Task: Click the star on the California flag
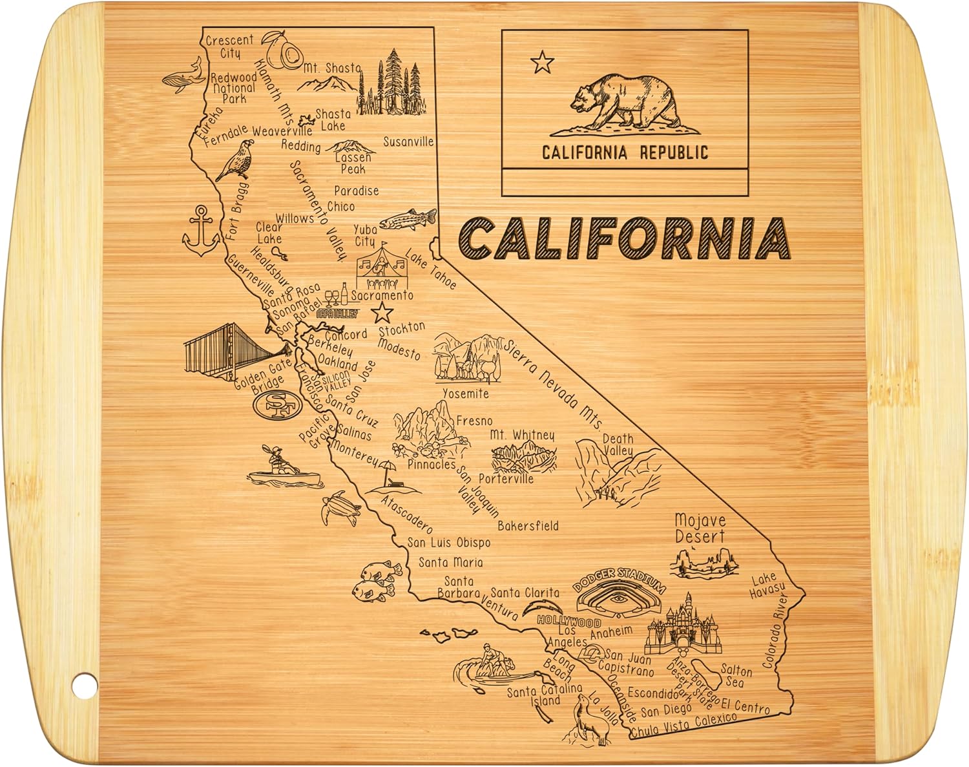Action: [542, 63]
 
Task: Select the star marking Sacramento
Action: [383, 313]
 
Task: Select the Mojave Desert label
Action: [700, 528]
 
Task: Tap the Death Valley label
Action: [618, 445]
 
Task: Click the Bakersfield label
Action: [528, 525]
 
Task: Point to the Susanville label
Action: [408, 142]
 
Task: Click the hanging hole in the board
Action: [82, 686]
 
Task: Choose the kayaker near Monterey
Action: [283, 467]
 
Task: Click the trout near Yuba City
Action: [407, 220]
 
